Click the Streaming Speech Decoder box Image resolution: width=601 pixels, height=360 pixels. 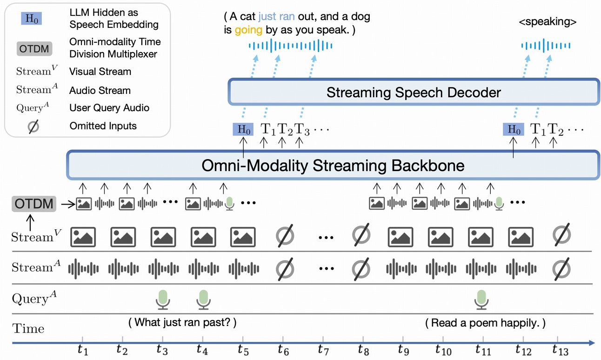[413, 92]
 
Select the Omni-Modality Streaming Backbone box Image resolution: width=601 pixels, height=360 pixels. [333, 166]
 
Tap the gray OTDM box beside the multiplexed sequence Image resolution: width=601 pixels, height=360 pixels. [34, 204]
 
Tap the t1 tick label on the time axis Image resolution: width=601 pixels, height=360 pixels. [83, 349]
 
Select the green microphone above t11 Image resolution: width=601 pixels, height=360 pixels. [481, 299]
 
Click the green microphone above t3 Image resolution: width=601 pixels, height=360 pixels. [162, 299]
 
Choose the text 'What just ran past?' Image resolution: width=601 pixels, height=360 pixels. [182, 322]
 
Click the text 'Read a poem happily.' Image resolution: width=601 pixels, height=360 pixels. [485, 322]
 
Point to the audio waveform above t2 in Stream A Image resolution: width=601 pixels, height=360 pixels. [123, 268]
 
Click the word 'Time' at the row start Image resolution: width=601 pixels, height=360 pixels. [28, 328]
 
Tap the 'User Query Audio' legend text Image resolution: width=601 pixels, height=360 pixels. [109, 108]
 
